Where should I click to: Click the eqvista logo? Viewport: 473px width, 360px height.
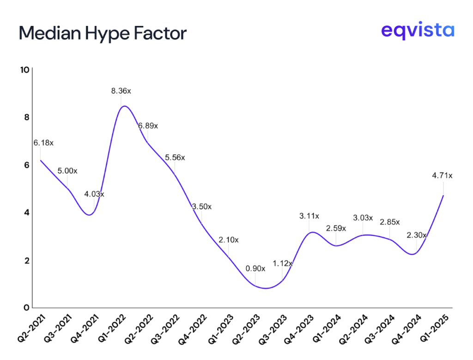418,31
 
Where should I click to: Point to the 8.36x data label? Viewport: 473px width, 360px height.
121,91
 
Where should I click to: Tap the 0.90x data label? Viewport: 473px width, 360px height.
255,268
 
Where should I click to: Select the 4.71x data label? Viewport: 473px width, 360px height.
443,175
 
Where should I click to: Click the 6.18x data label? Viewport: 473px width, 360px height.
43,143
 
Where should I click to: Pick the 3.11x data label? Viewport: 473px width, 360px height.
309,215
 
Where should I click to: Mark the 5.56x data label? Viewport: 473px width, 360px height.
175,157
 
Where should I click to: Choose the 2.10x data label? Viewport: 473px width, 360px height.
228,239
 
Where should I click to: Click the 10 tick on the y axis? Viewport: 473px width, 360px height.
24,70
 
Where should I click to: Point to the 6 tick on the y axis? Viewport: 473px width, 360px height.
26,165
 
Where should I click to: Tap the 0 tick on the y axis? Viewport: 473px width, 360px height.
26,308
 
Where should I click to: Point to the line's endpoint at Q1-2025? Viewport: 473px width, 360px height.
443,195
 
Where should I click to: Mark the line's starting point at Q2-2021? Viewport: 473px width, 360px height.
41,160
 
